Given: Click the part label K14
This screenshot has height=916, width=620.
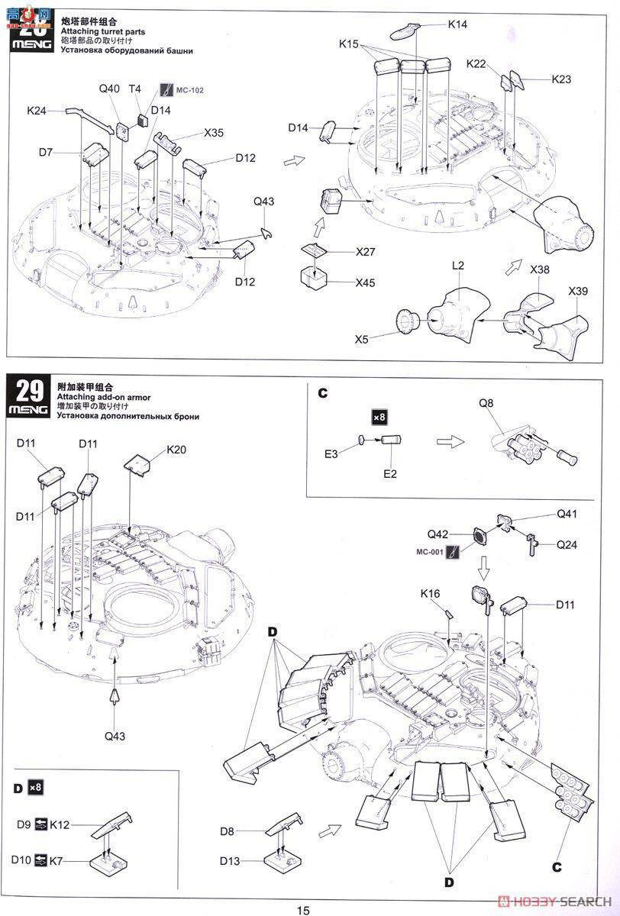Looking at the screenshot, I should tap(457, 24).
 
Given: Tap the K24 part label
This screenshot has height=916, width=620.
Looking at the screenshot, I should tap(37, 111).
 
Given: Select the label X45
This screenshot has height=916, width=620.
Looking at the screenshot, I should tap(366, 282).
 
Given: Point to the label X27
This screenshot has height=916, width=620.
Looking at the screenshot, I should tap(366, 252).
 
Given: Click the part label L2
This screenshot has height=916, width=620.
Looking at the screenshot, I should tap(458, 265).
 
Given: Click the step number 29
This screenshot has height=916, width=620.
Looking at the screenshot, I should tap(29, 391).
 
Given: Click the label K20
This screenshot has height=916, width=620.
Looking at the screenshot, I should tap(176, 450).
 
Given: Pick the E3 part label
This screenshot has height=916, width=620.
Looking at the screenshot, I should tap(330, 454).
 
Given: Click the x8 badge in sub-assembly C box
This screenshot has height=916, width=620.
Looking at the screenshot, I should tap(379, 417).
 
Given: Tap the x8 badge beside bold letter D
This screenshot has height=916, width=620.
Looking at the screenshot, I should tap(35, 787).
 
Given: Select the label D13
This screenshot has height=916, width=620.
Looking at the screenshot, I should tap(231, 862).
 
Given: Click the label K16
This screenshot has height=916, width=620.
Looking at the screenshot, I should tap(430, 593).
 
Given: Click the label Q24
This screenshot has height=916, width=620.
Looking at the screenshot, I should tap(567, 544).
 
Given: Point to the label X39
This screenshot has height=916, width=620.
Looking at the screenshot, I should tap(578, 292).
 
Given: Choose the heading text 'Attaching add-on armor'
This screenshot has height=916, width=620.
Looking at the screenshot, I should tap(104, 398).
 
